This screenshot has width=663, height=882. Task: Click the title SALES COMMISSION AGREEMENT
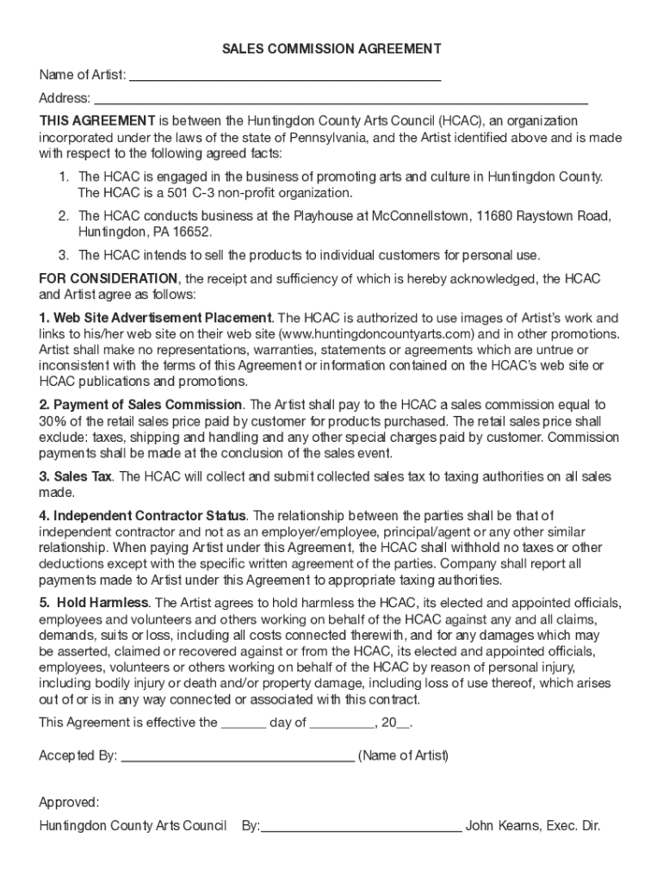[331, 49]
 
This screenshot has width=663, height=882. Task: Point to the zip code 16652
[192, 233]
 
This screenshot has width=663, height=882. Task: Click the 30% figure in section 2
[53, 421]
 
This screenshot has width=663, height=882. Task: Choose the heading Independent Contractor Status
[150, 515]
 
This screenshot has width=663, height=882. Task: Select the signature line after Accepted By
[238, 758]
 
